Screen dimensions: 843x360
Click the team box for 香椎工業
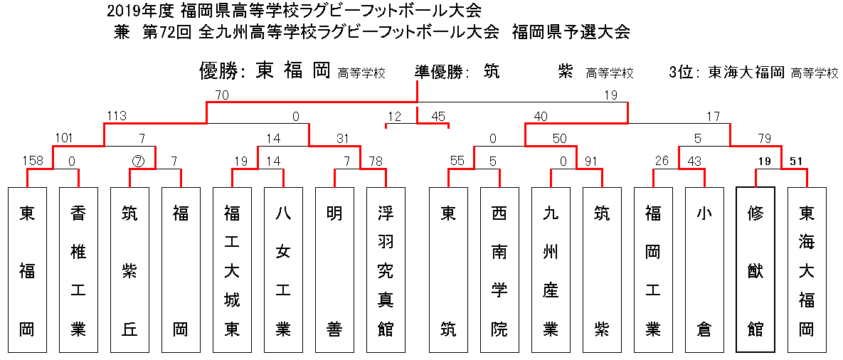(78, 270)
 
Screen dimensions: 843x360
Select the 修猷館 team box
(755, 270)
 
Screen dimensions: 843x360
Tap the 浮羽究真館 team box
(386, 270)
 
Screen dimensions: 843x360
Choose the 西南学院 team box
(500, 270)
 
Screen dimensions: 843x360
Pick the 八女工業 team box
(283, 270)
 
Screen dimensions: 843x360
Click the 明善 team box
(334, 270)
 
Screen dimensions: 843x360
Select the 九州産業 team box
(551, 270)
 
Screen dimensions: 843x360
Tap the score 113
(117, 115)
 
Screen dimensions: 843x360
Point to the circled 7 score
(137, 161)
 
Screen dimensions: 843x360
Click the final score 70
(221, 95)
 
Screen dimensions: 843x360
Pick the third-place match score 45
(438, 115)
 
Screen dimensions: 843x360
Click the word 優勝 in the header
(217, 71)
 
